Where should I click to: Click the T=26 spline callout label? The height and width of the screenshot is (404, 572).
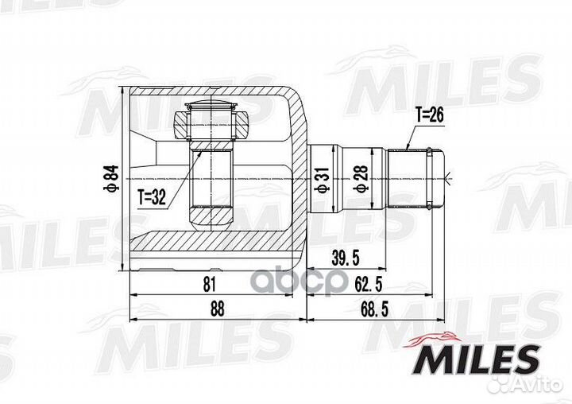tap(430, 115)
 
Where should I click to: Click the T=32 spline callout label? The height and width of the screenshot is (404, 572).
tap(152, 197)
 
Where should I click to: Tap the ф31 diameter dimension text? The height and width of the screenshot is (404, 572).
tap(323, 180)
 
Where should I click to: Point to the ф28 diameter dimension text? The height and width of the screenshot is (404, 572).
tap(361, 179)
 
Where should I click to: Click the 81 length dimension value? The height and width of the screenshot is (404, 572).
tap(210, 284)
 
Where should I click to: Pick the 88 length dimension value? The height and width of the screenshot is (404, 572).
tap(217, 309)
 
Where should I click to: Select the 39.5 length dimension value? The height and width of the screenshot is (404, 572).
tap(345, 258)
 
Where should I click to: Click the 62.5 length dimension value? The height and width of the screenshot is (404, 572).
tap(368, 284)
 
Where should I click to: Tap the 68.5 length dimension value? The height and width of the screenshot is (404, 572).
tap(374, 309)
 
